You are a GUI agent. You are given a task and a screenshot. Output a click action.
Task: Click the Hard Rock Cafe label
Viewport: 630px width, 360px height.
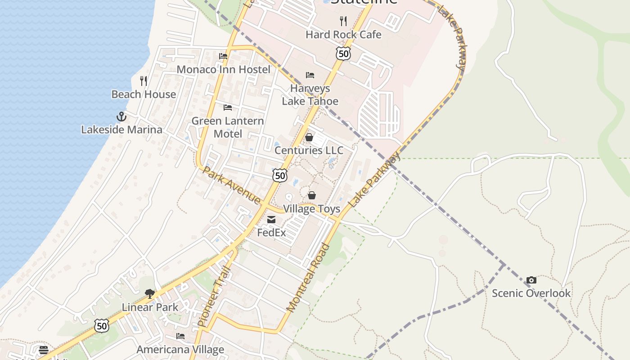343,35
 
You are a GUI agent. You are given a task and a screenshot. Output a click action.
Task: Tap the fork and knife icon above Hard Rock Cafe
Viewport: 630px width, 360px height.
343,20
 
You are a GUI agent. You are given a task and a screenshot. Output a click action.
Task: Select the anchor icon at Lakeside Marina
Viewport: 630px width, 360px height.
121,117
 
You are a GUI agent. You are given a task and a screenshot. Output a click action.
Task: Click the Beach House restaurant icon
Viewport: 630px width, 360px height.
144,81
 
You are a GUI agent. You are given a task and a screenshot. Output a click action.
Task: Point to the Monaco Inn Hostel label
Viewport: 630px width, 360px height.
224,69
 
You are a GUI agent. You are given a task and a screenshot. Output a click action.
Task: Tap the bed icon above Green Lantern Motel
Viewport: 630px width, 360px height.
228,107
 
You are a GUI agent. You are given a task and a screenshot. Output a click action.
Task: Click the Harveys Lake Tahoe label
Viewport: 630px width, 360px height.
310,94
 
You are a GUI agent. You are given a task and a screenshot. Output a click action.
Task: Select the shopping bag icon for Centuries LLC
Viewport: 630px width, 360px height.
309,137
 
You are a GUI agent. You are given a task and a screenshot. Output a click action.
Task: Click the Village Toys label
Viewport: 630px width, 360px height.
311,209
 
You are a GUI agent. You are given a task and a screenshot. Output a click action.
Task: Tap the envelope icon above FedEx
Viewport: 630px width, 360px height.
271,220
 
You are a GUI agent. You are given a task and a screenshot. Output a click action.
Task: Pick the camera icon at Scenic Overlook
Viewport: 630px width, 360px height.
531,280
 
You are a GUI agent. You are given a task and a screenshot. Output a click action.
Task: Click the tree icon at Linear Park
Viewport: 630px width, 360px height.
150,294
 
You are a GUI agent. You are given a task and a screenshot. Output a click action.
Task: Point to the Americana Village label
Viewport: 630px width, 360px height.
180,350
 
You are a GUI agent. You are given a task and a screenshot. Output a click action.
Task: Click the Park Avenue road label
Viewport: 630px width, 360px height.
231,185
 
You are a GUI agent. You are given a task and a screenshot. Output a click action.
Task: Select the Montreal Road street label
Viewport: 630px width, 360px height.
308,278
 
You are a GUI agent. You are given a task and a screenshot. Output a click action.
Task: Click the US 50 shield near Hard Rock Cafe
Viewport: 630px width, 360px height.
343,54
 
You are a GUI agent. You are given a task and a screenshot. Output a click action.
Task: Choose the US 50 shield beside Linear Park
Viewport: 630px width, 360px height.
102,325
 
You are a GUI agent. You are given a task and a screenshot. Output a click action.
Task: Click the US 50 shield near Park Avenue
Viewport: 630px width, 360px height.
280,175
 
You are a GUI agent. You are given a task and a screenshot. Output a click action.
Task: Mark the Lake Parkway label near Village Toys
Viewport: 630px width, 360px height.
374,180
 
